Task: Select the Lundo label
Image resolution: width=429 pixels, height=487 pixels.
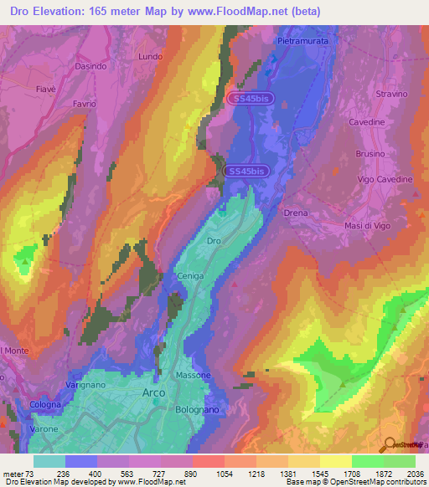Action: click(150, 56)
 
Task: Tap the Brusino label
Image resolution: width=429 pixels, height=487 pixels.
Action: click(370, 154)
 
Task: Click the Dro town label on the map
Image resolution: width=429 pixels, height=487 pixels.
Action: click(214, 240)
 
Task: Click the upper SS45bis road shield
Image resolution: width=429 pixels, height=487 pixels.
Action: click(250, 99)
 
